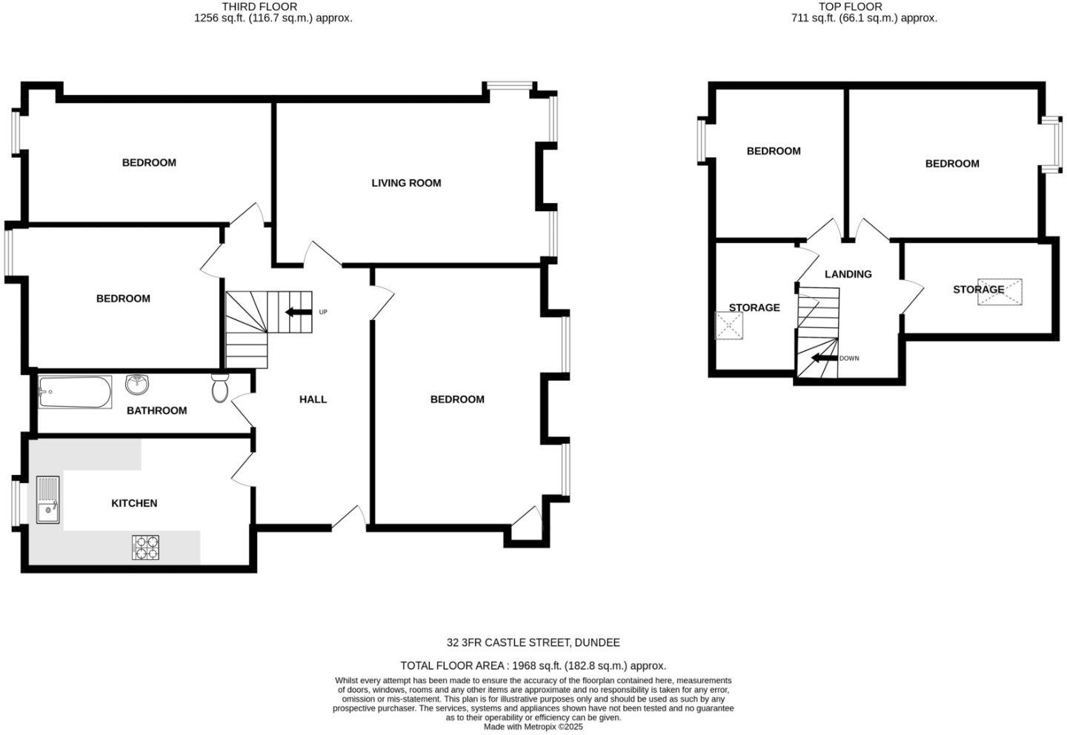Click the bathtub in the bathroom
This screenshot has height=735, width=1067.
[75, 392]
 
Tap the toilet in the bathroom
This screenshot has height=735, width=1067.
[220, 388]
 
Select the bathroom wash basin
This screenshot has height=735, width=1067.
[137, 384]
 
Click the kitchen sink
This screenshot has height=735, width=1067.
[48, 500]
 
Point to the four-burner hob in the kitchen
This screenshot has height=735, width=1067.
[146, 548]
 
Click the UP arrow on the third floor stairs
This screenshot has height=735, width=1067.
[298, 312]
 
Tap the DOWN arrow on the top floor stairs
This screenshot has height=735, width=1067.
[822, 359]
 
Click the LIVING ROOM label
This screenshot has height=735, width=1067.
[406, 183]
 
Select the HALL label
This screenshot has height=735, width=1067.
[313, 399]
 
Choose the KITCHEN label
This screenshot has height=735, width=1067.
[134, 503]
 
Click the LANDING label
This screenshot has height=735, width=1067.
[848, 274]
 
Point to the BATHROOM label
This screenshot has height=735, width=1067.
[156, 410]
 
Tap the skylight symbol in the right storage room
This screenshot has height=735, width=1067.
[1000, 292]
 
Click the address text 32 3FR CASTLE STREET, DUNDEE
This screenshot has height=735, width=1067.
[533, 642]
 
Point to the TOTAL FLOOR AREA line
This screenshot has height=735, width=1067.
[533, 665]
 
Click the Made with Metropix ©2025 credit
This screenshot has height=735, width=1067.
[533, 727]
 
